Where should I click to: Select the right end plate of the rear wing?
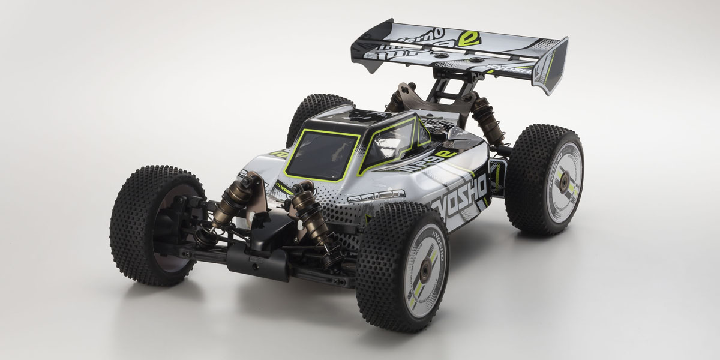(x=553, y=65)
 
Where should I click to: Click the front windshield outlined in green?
(x=320, y=155)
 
